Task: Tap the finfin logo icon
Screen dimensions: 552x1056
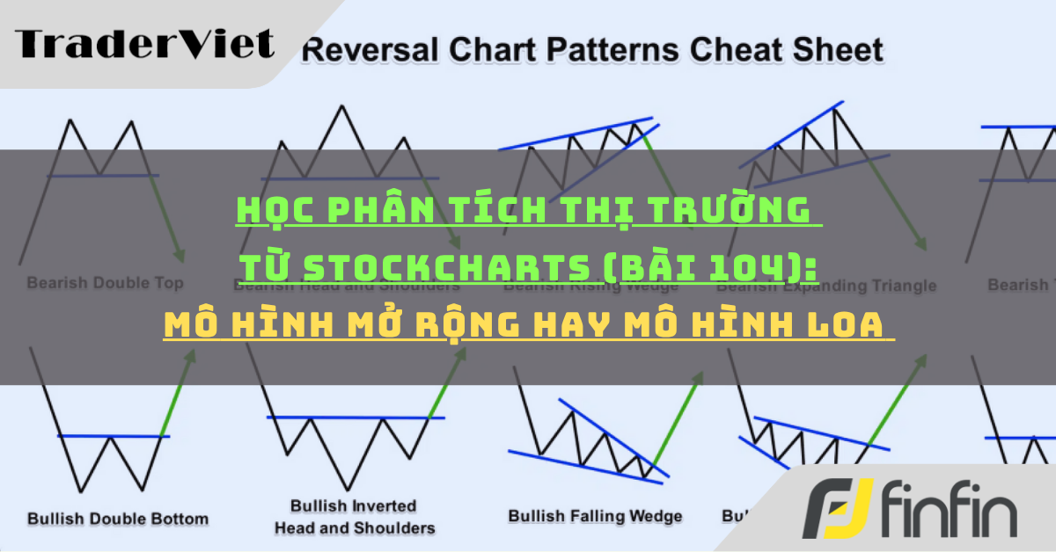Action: pyautogui.click(x=835, y=509)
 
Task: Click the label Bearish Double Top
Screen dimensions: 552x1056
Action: pyautogui.click(x=105, y=283)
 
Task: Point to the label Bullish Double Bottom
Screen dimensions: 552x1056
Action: pyautogui.click(x=118, y=518)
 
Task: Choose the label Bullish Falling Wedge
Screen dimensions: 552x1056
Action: pyautogui.click(x=595, y=516)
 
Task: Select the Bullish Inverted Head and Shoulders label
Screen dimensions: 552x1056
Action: pyautogui.click(x=355, y=518)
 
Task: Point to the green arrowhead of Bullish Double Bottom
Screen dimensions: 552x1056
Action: pyautogui.click(x=191, y=356)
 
